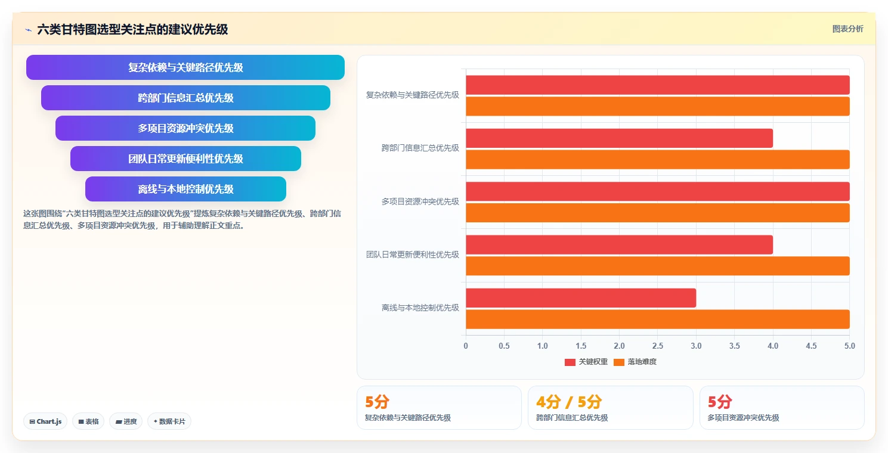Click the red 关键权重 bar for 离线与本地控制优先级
(581, 298)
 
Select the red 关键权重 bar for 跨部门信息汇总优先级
(619, 138)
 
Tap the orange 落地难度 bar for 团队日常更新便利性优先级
(658, 266)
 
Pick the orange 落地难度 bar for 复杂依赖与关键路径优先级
(658, 106)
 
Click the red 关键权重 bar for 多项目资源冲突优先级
(658, 191)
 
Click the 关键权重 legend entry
(586, 362)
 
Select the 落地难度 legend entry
(635, 362)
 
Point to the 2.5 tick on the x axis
(658, 346)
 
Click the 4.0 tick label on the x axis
(773, 346)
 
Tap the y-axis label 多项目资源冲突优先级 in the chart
(420, 201)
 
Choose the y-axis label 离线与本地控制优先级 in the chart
(420, 308)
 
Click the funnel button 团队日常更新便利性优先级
(185, 159)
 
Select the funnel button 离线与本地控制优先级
(185, 189)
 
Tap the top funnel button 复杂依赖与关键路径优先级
(185, 67)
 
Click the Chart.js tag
(45, 421)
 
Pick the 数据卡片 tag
(169, 421)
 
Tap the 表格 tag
(88, 421)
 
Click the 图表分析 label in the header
(847, 29)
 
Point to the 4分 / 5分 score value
(569, 402)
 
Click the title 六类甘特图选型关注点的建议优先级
(132, 30)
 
